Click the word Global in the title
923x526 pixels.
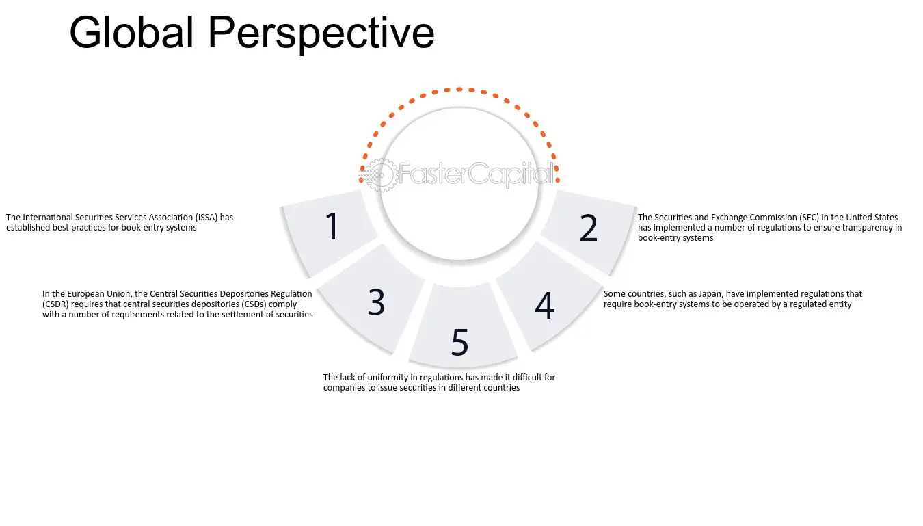click(131, 32)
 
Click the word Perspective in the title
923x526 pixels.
click(321, 35)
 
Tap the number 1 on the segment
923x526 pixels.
click(332, 226)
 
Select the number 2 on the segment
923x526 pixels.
click(588, 228)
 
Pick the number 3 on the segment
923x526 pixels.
click(376, 302)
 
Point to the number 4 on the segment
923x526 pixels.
click(544, 306)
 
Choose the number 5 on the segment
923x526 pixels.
click(460, 342)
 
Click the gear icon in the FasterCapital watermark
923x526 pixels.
click(381, 175)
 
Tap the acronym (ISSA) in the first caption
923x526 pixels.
click(206, 218)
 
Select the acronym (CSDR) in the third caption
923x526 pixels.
click(55, 304)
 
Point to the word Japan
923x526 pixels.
click(711, 294)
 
